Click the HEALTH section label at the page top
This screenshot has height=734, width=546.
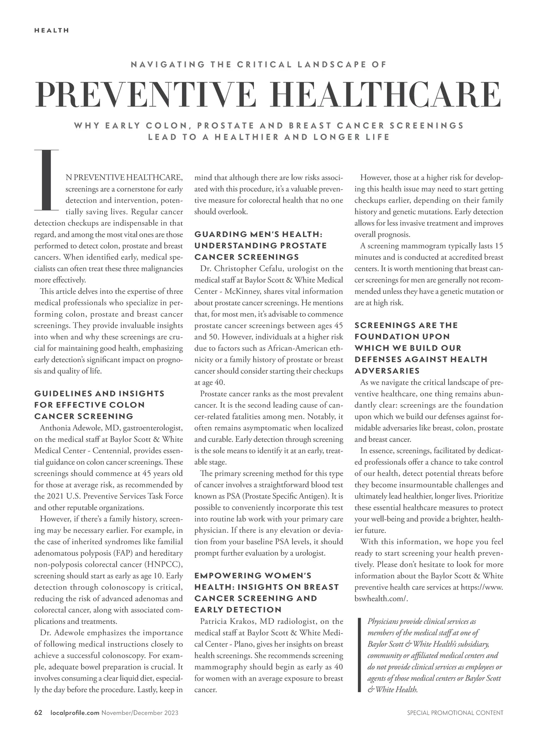51,30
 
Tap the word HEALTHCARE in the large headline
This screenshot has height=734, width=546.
386,95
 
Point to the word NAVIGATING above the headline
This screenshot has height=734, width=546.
167,64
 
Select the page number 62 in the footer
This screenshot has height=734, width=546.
38,713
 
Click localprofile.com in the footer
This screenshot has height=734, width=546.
73,713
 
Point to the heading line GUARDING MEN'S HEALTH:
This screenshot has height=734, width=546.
258,234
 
